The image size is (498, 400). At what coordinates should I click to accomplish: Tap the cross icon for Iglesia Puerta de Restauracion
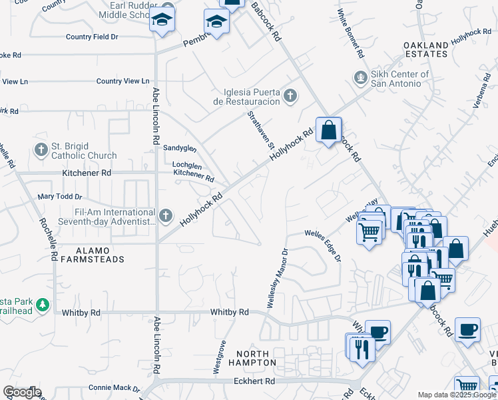[x=290, y=96]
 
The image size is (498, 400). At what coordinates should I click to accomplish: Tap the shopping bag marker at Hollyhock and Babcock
[x=328, y=130]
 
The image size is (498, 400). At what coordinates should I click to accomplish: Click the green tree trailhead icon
[x=43, y=305]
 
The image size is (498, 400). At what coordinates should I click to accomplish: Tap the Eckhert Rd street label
[x=254, y=381]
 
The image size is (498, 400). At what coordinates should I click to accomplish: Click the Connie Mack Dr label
[x=114, y=388]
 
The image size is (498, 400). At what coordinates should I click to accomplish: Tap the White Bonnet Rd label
[x=350, y=31]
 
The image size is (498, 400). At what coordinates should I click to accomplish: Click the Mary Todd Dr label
[x=60, y=197]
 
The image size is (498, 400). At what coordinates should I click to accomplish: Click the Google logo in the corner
[x=22, y=392]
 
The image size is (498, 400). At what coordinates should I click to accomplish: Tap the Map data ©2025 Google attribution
[x=457, y=395]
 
